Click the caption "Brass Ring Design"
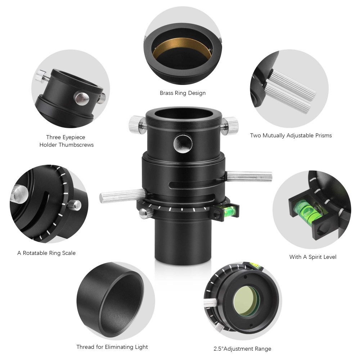coord(183,93)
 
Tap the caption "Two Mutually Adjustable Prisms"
coord(291,135)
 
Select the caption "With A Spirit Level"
coord(312,257)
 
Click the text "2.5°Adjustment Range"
coord(242,348)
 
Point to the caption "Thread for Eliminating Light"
coord(112,347)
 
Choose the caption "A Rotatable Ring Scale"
coord(46,253)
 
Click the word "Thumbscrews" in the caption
coord(76,145)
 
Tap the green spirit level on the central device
coord(228,209)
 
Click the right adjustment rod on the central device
coord(249,176)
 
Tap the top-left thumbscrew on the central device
coord(137,123)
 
